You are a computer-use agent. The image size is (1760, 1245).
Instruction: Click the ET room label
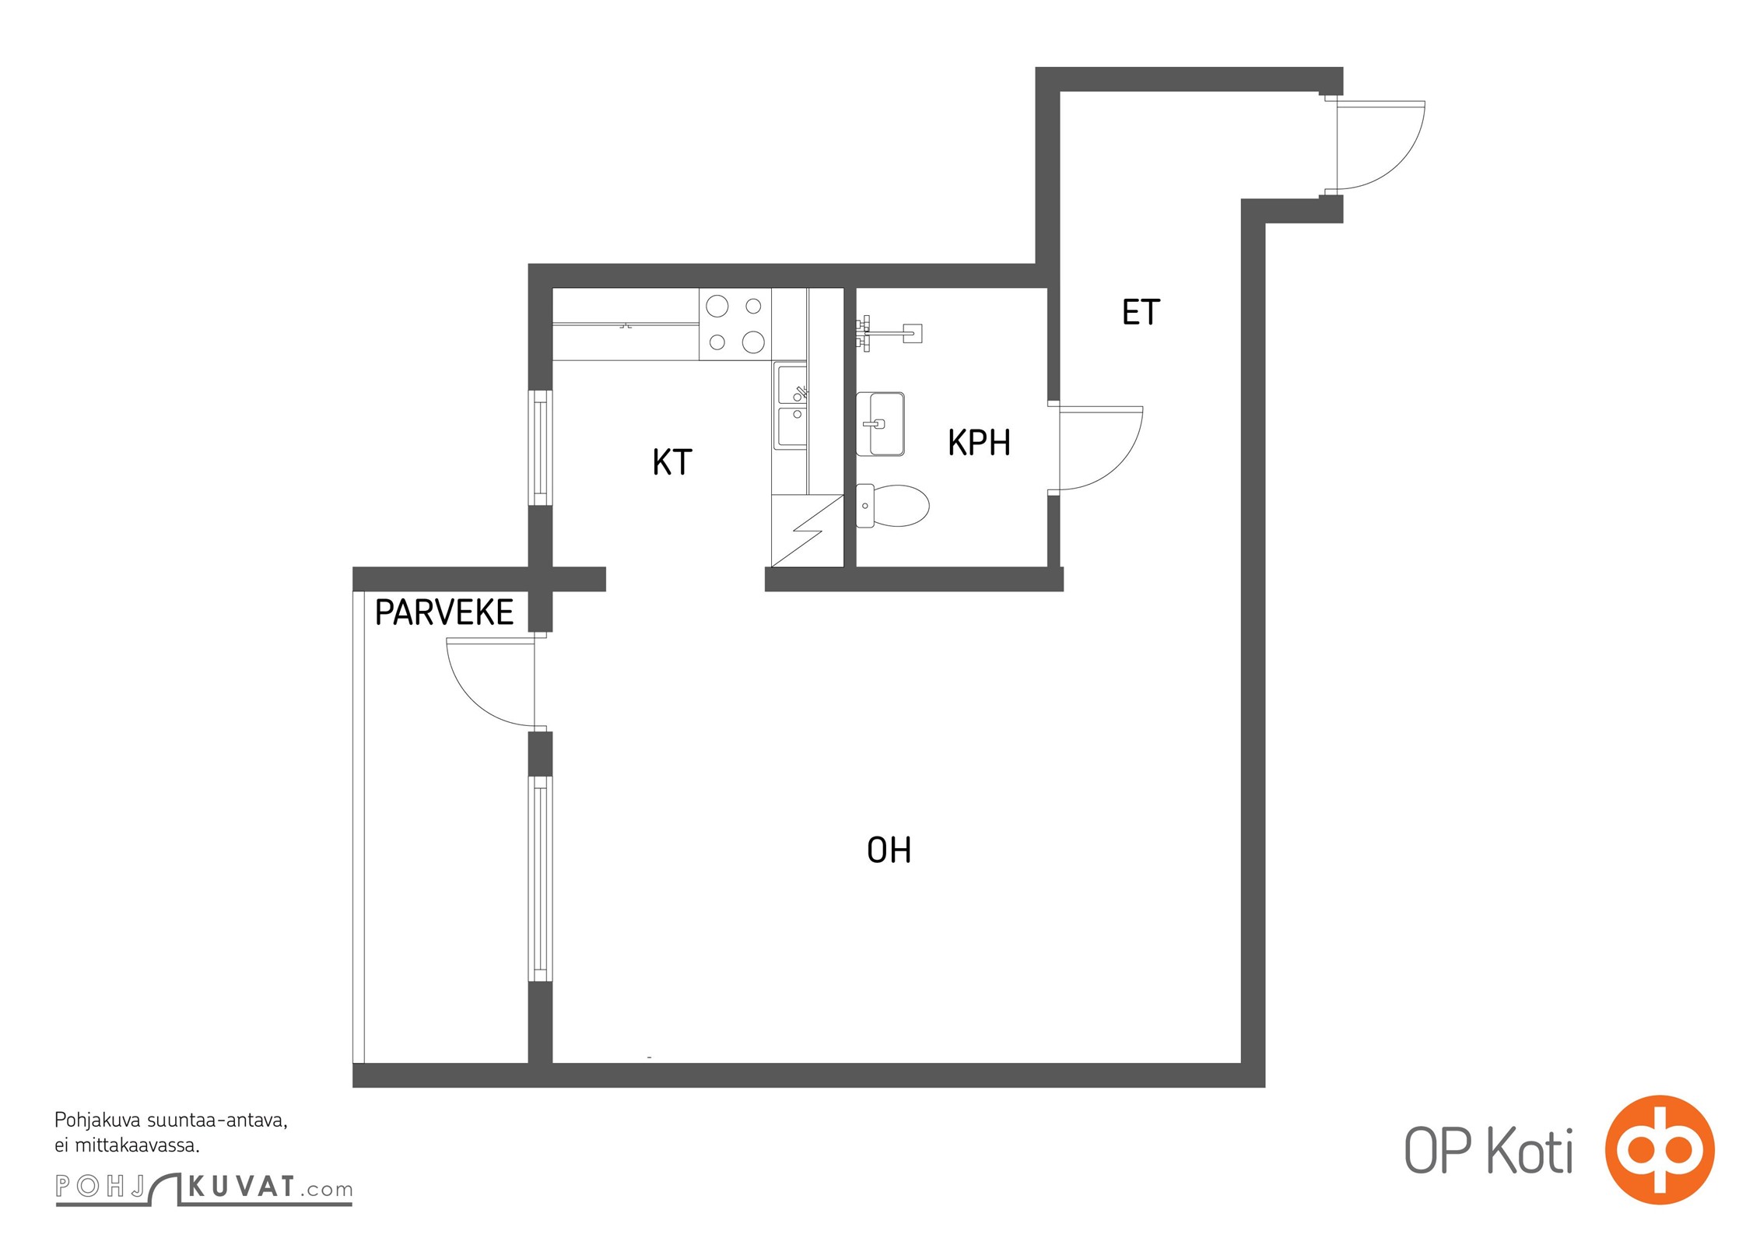(x=1141, y=312)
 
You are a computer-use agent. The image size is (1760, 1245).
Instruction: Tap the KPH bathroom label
(x=979, y=442)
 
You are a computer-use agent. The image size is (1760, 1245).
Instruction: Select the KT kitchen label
(x=672, y=462)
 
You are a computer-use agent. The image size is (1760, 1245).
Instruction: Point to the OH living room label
(x=889, y=850)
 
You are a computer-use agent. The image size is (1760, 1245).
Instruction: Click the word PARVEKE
(x=444, y=612)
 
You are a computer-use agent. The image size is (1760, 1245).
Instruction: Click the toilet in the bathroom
(x=892, y=506)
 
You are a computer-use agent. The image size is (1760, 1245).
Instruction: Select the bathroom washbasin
(x=880, y=424)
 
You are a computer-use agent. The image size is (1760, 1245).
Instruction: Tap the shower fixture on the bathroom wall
(x=889, y=334)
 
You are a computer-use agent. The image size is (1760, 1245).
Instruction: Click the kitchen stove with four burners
(x=735, y=324)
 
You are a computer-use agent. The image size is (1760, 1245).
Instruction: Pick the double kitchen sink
(x=792, y=405)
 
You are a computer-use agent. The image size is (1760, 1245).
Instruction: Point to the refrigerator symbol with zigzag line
(x=808, y=531)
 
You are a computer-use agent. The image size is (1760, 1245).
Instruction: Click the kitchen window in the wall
(x=540, y=448)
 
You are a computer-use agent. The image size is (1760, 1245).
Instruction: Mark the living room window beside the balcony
(x=540, y=879)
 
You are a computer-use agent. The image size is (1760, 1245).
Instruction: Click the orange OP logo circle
(x=1660, y=1150)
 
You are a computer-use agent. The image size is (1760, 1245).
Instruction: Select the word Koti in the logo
(x=1530, y=1151)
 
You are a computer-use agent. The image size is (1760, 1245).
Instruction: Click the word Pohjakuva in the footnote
(x=97, y=1121)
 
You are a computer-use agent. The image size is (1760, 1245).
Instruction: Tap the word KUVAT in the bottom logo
(x=241, y=1187)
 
